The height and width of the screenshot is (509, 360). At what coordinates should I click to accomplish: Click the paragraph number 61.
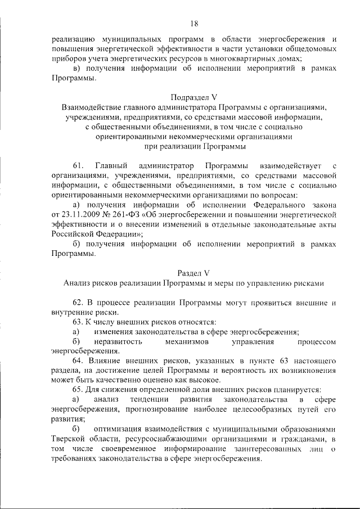pos(79,166)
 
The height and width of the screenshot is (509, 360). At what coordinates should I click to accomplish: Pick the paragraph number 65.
pos(79,389)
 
